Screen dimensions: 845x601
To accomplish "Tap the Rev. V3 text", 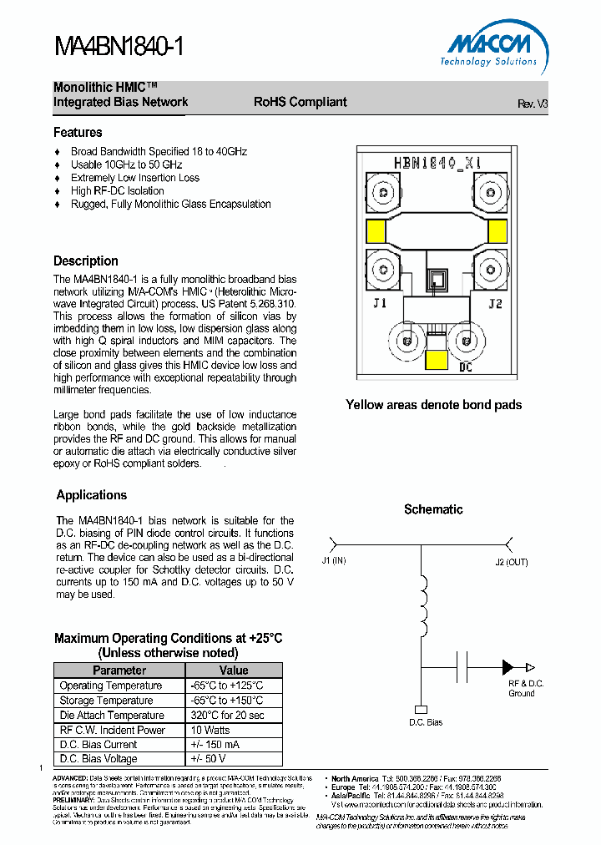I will coord(533,104).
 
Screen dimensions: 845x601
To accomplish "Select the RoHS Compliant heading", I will coord(300,102).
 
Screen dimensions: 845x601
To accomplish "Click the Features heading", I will coord(78,132).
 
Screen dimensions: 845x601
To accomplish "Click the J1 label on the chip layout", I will coord(380,304).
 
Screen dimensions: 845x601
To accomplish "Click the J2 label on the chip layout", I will coord(495,304).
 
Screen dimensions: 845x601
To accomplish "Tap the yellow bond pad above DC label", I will coord(436,360).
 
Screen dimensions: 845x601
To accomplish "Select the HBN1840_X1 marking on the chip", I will coord(437,163).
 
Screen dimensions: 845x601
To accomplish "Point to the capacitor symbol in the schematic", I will coord(462,667).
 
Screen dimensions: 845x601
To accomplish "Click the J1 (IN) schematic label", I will coord(333,562).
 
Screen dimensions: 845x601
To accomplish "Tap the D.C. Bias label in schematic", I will coord(426,722).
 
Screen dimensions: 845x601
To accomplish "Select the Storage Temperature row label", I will coord(106,701).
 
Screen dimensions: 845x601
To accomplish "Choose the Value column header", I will coord(234,670).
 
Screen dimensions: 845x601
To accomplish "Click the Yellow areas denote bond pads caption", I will coord(433,405).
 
